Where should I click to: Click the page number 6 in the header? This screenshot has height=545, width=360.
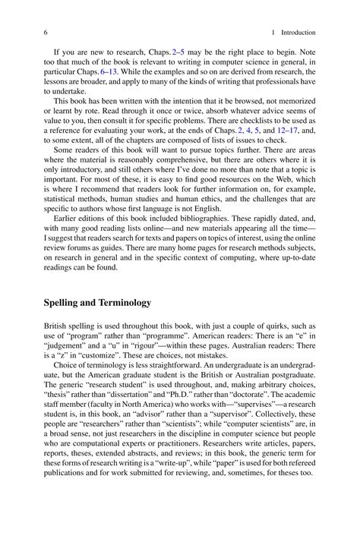pyautogui.click(x=46, y=33)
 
